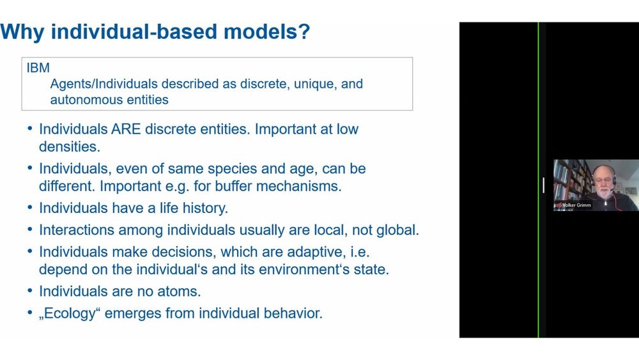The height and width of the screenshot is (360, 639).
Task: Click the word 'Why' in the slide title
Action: point(22,32)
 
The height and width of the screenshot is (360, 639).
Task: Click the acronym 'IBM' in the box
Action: point(38,68)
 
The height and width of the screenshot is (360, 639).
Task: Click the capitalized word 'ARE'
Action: point(126,129)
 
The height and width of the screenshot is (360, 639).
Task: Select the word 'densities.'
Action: point(70,147)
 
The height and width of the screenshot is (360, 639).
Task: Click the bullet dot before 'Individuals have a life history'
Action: point(30,208)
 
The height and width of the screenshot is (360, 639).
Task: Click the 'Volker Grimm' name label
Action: point(576,205)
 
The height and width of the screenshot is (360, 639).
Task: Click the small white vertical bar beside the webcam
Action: point(544,185)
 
